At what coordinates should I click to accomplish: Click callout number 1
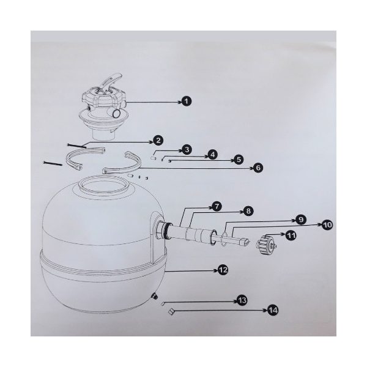(187, 102)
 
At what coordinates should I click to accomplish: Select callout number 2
(158, 141)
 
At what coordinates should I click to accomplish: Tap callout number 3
(187, 150)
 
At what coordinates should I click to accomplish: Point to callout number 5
(239, 160)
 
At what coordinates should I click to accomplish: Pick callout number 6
(258, 168)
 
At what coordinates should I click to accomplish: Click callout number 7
(217, 207)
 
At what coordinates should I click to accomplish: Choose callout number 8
(248, 211)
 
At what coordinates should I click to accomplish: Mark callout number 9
(301, 220)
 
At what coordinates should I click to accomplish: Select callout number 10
(327, 225)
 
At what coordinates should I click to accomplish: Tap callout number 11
(291, 235)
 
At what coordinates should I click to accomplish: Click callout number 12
(223, 270)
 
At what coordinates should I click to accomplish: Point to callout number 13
(242, 300)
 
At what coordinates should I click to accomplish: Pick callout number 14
(273, 310)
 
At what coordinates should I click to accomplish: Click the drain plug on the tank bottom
(155, 296)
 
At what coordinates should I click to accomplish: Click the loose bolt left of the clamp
(53, 163)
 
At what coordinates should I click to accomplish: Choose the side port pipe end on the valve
(116, 114)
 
